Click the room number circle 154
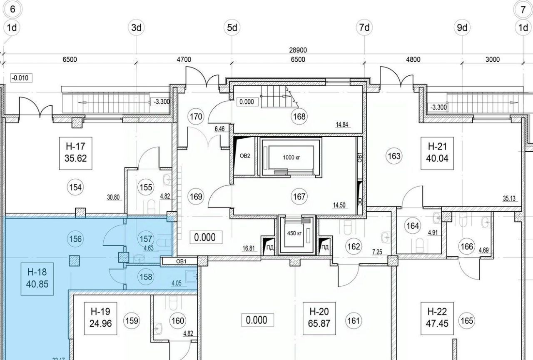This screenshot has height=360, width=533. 75,187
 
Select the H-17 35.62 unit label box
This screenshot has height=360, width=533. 76,153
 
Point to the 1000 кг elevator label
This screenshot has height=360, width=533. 291,157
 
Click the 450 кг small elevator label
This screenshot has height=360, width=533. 294,233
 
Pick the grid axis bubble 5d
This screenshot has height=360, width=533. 232,27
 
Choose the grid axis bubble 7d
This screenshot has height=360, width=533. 364,27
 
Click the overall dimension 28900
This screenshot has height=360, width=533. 298,50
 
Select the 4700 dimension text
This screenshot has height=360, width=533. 184,59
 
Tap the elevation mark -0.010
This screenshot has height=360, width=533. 21,78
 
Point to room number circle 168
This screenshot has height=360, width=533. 299,116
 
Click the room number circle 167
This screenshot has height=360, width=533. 299,196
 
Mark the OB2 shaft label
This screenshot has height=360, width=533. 245,156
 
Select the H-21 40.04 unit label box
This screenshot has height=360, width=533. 437,153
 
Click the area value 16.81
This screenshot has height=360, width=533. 249,249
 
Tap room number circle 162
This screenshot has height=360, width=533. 354,246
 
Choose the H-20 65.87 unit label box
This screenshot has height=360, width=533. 319,318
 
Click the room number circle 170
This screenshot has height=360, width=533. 196,117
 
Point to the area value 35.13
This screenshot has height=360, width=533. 509,198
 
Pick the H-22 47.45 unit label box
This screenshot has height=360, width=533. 437,318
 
